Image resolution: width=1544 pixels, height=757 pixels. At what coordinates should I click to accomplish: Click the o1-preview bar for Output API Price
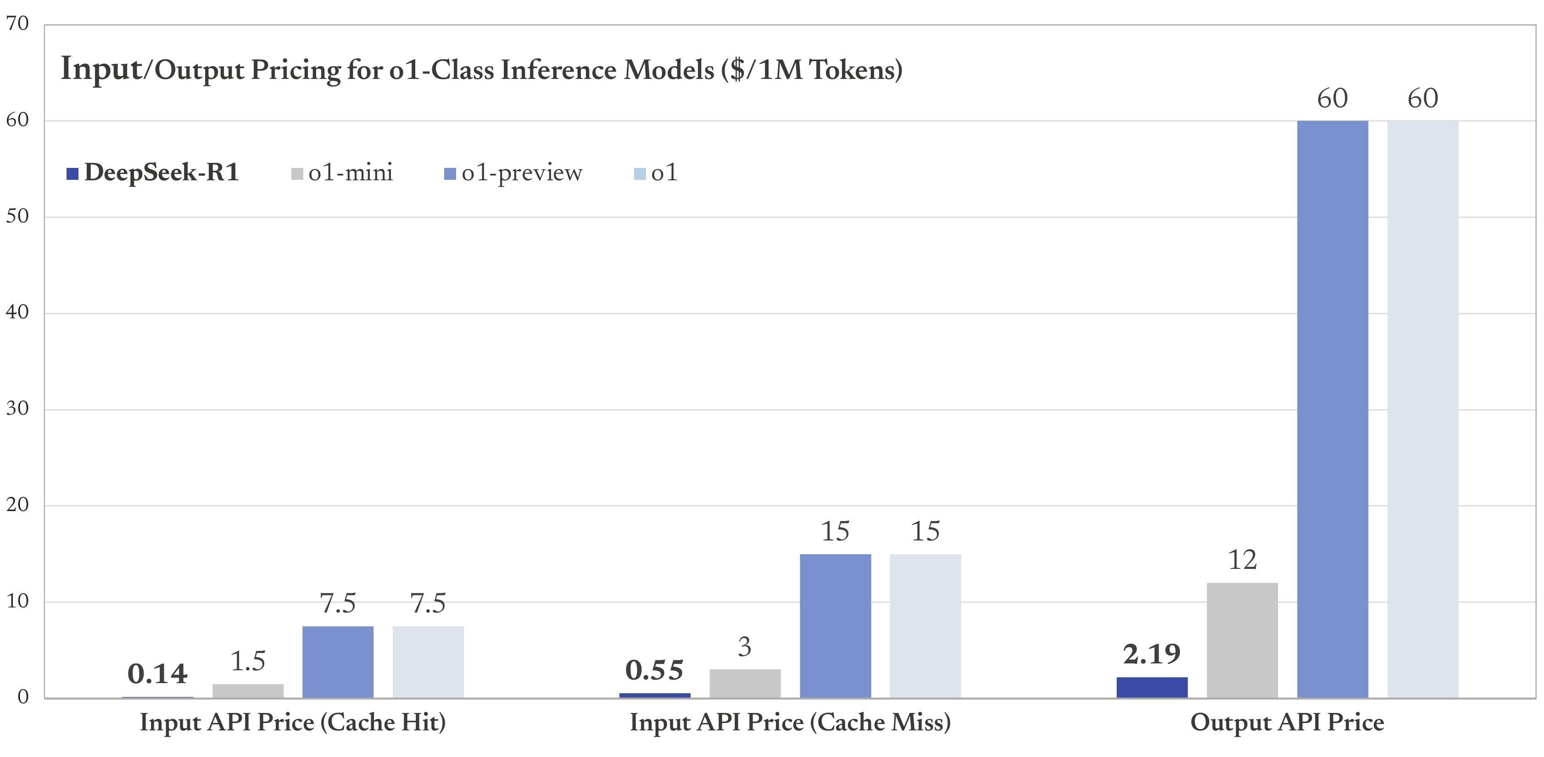pos(1332,409)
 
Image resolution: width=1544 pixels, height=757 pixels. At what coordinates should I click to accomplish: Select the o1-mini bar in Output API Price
pos(1242,640)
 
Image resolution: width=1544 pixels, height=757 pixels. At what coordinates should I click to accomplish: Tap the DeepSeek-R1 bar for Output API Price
pos(1151,687)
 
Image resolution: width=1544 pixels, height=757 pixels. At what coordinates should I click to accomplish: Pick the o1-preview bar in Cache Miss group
pos(835,626)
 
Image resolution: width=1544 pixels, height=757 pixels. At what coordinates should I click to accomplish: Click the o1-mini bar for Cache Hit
pos(247,690)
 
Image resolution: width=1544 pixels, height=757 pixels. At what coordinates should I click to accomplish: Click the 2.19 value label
pos(1151,653)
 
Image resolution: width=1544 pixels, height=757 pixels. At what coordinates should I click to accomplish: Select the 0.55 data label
pos(654,670)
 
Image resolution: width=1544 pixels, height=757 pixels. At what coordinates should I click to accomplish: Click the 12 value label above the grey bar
pos(1242,560)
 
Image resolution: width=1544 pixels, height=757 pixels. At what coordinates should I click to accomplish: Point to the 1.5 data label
pos(247,661)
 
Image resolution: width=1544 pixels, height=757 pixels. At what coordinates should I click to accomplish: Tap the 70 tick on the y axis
pos(17,23)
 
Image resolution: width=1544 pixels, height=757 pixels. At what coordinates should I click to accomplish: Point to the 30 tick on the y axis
pos(17,409)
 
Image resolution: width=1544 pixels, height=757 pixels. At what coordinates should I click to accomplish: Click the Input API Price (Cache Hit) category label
pos(292,722)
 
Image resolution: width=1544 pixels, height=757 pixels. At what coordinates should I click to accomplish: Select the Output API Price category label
pos(1287,722)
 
